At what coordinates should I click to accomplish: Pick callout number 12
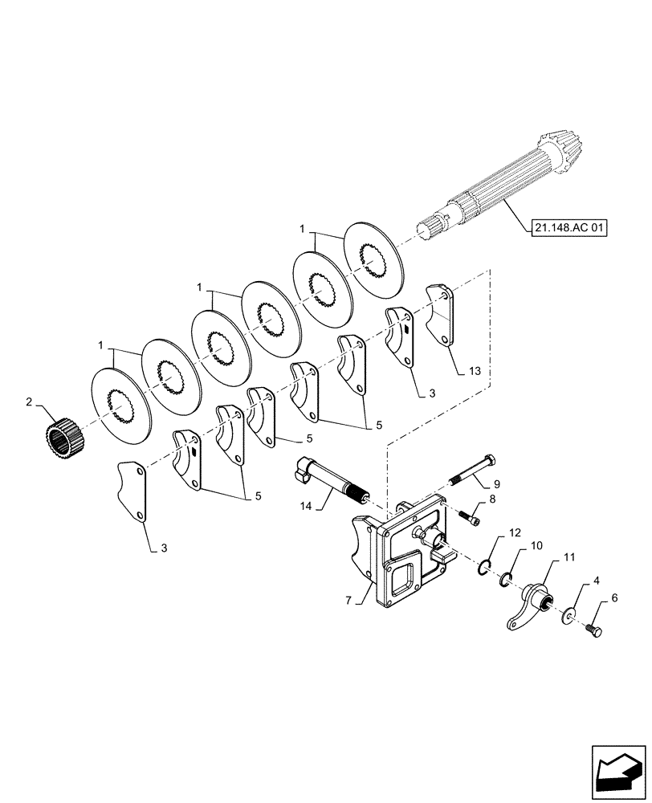(515, 532)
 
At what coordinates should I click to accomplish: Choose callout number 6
(614, 598)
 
